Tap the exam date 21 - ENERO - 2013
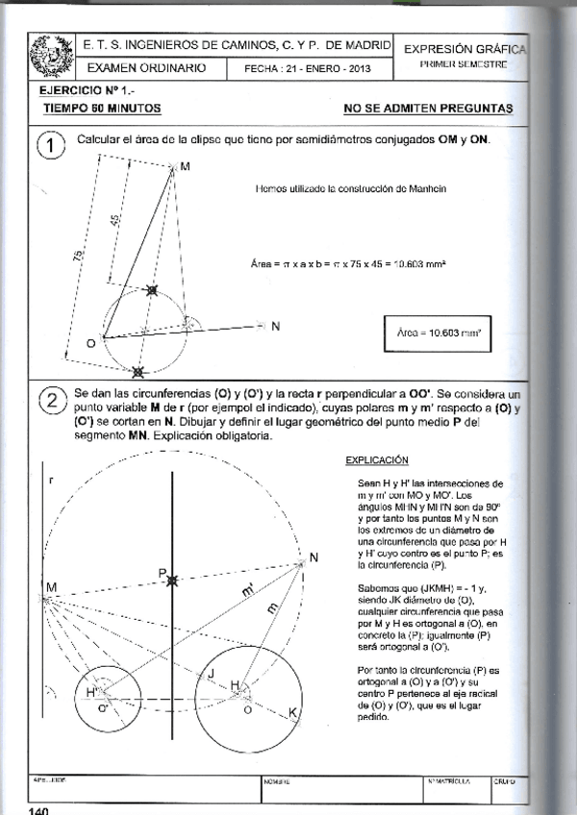307,70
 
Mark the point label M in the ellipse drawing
185,166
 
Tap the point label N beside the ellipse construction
275,327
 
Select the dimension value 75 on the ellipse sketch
78,256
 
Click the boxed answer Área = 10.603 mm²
439,333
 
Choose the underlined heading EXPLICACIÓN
377,460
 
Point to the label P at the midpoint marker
163,573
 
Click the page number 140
39,809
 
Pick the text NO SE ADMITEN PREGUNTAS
427,109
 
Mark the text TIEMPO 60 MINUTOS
102,110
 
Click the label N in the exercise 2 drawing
314,557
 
